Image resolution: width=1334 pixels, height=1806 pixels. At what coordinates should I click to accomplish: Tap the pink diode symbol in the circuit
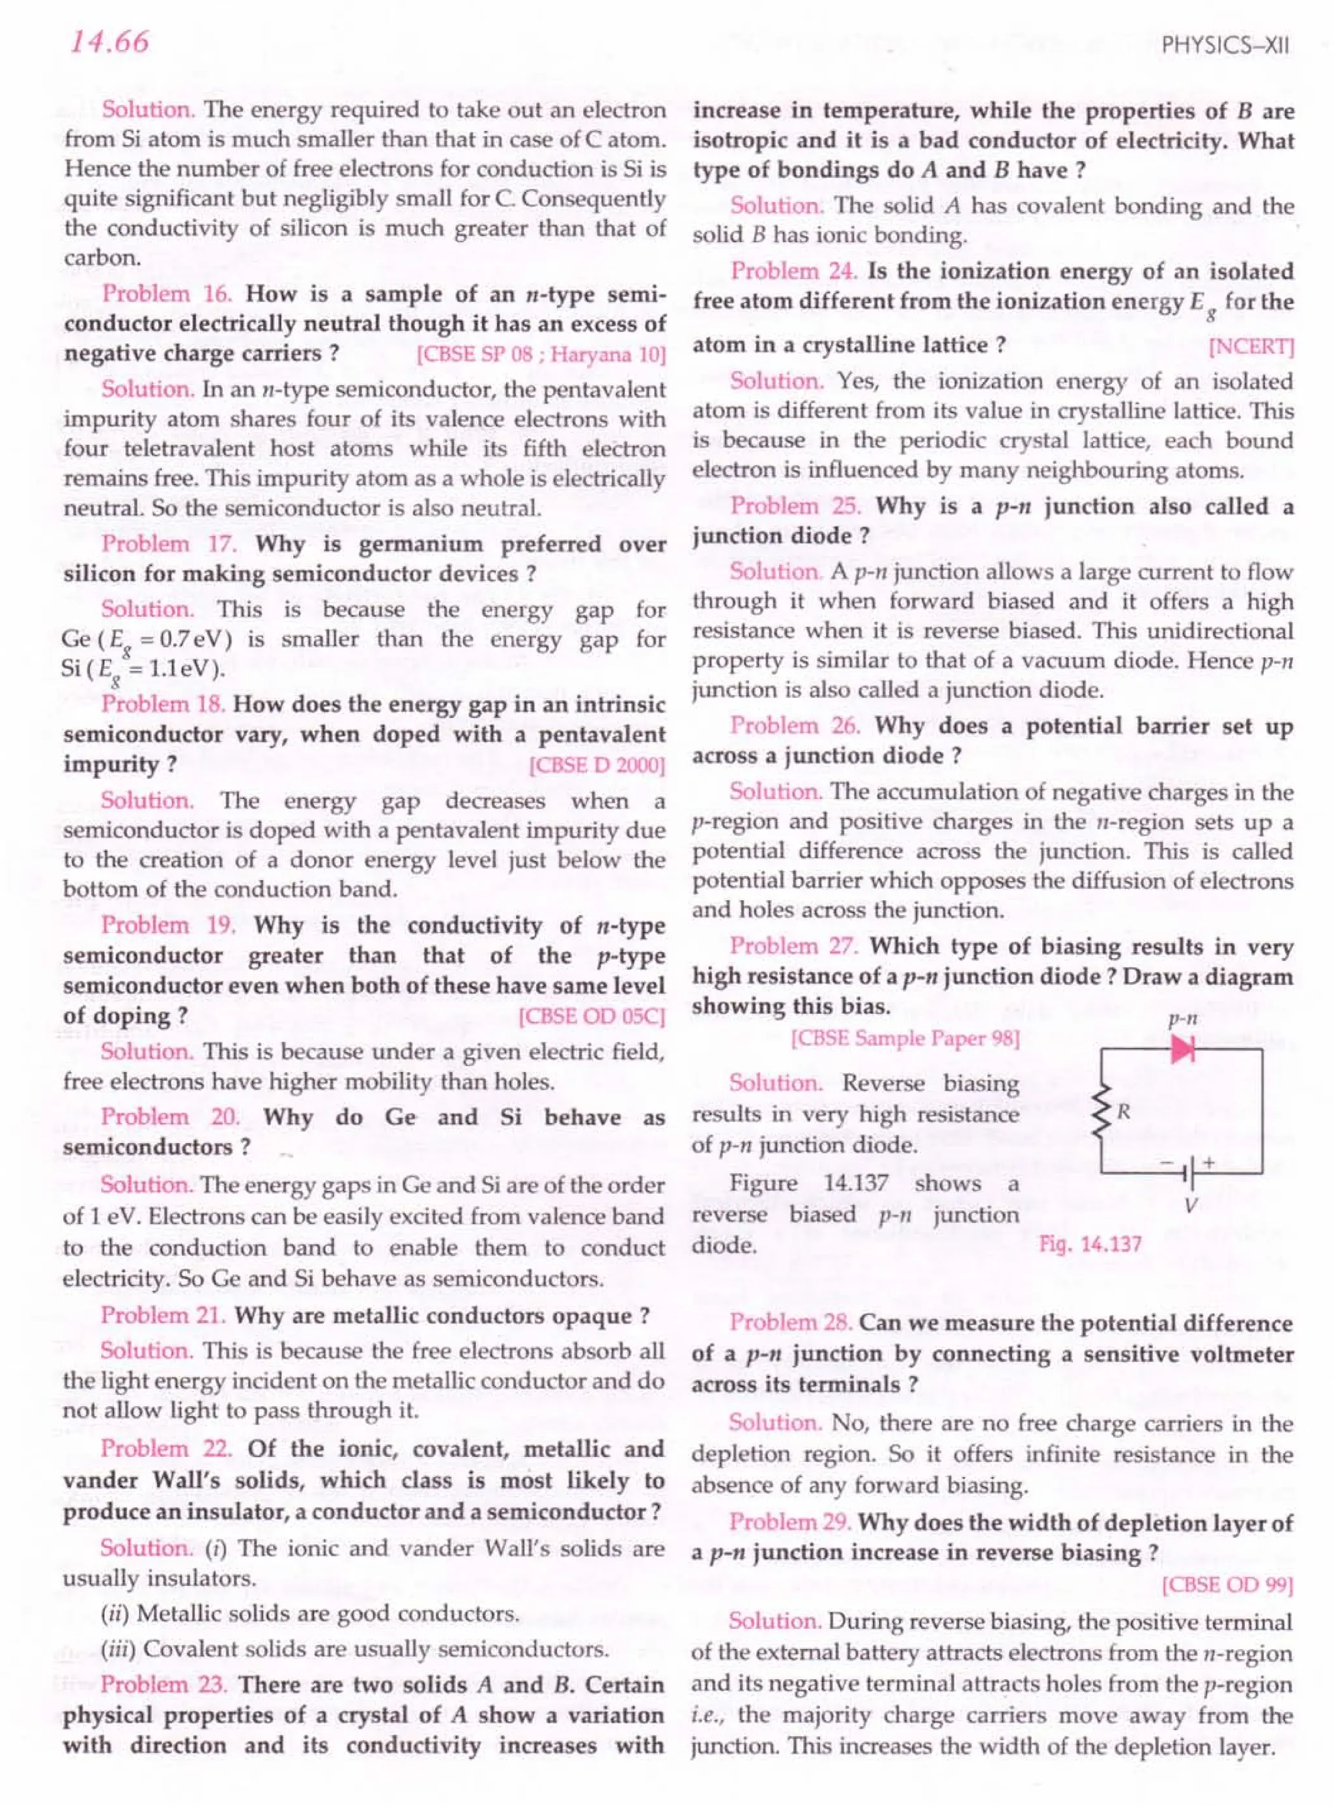click(x=1182, y=1049)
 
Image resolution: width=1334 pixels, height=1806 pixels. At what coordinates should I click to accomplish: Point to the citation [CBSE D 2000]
click(x=597, y=765)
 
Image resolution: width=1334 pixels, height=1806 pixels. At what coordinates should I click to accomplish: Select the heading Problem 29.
click(x=789, y=1522)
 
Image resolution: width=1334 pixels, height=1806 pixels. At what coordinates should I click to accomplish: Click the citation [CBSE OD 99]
click(x=1227, y=1584)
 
